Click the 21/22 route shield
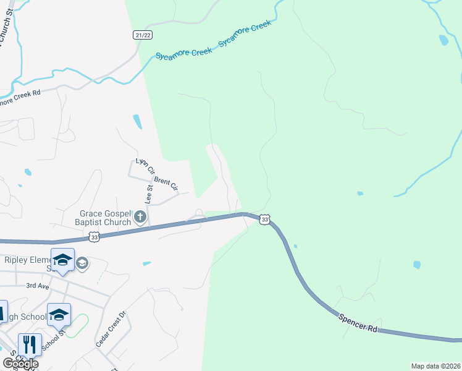pos(143,35)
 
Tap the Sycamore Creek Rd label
pos(19,97)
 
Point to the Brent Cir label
pos(166,183)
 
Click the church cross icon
pos(140,217)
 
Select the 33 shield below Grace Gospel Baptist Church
pos(94,236)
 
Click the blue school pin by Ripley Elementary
pos(62,260)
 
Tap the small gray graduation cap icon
pos(82,264)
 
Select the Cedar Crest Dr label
pos(111,328)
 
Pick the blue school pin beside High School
pos(59,315)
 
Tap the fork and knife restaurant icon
pos(30,344)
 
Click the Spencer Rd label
pos(358,322)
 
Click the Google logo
pos(20,364)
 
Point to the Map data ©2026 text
pos(435,366)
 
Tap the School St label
pos(61,338)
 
